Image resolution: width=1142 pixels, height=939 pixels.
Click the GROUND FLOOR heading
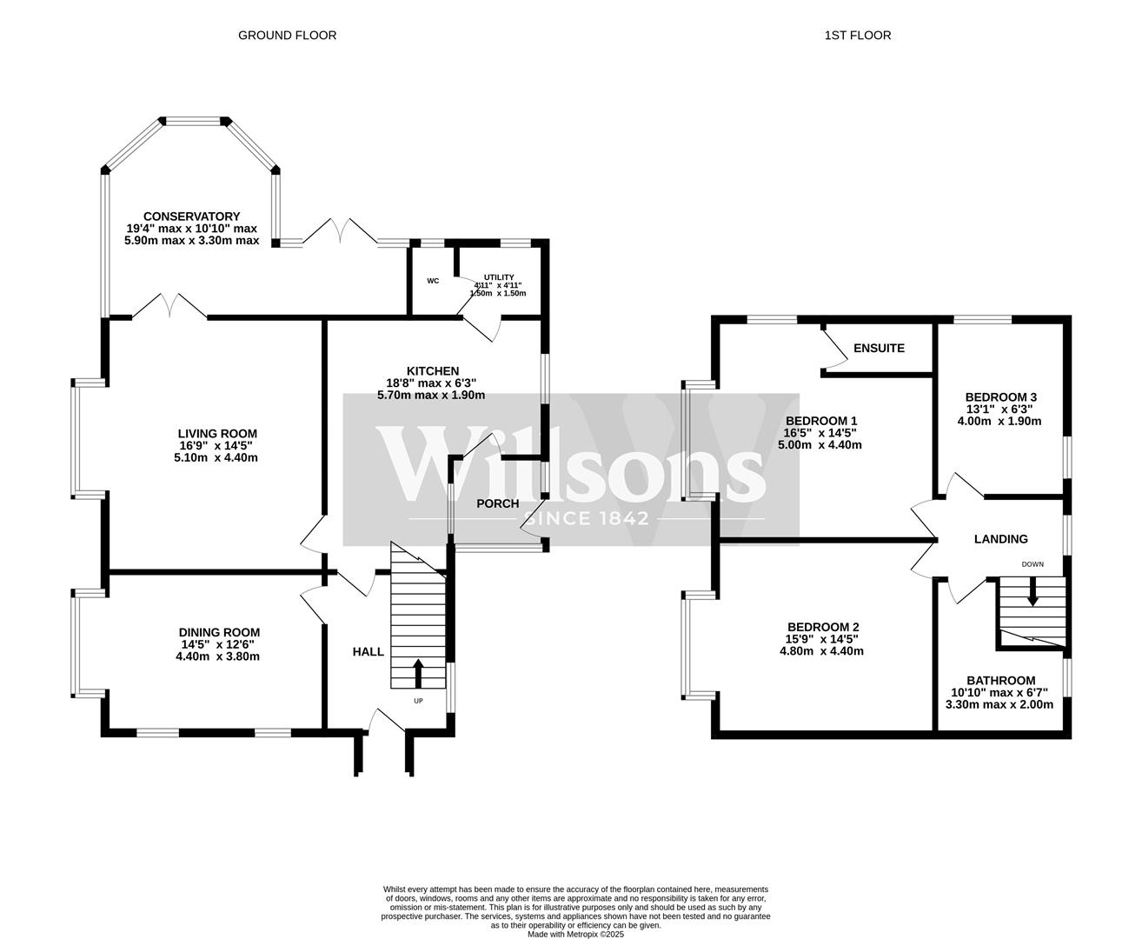(x=287, y=36)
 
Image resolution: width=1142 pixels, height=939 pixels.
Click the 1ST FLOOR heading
(x=858, y=36)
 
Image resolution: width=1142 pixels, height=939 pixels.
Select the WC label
(x=433, y=281)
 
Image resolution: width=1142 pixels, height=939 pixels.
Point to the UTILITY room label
(x=498, y=277)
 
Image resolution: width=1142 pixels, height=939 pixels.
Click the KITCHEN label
(x=432, y=371)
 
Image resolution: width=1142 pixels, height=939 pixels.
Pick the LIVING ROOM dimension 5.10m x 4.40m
(x=216, y=457)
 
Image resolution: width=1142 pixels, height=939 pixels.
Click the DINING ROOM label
(x=219, y=633)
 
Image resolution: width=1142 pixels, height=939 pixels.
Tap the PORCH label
(x=498, y=503)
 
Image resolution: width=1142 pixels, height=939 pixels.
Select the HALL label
(x=368, y=651)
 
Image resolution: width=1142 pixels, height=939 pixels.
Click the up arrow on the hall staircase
(x=417, y=674)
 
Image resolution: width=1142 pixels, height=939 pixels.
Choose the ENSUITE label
(x=879, y=348)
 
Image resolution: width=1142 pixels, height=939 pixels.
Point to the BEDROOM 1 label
(x=821, y=421)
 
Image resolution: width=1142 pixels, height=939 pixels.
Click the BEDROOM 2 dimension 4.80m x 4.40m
(x=823, y=651)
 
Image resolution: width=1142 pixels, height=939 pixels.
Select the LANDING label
(x=1000, y=539)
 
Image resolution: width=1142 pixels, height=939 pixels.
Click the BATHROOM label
(x=1000, y=681)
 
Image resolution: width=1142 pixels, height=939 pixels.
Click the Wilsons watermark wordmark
(x=571, y=463)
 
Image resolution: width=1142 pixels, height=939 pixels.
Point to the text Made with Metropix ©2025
(x=575, y=935)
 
